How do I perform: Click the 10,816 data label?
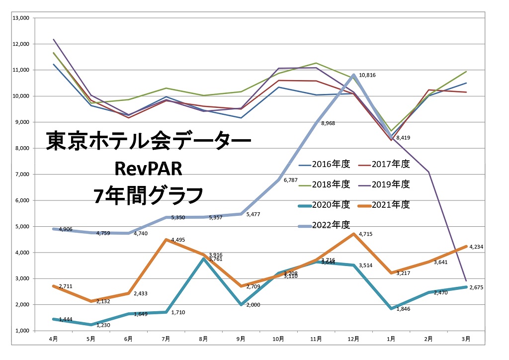tap(367, 75)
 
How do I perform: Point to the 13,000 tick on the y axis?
tap(22, 18)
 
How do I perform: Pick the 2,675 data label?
tap(477, 287)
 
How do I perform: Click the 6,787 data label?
tap(291, 180)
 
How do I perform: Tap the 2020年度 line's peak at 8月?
tap(203, 259)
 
